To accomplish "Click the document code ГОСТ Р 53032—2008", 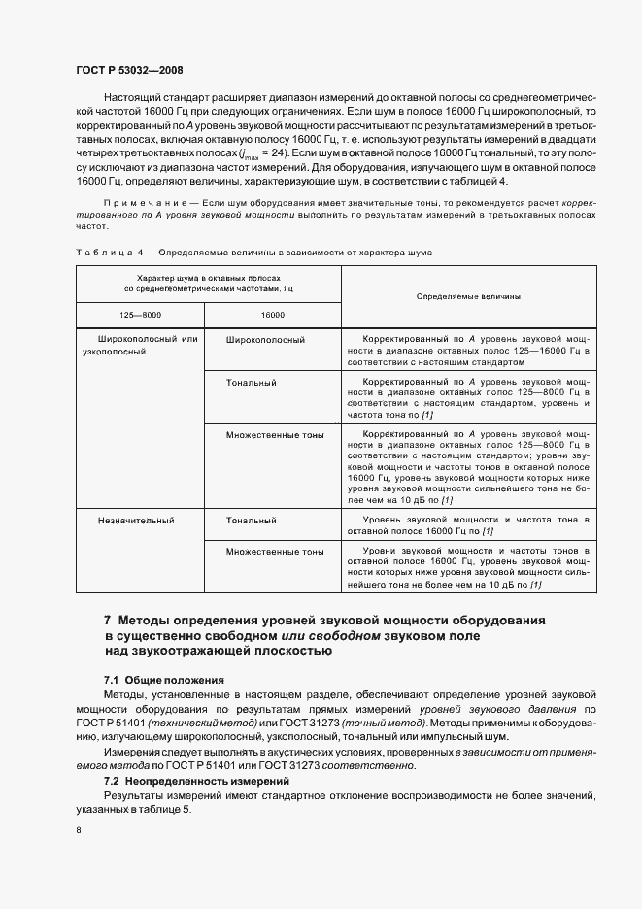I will [128, 69].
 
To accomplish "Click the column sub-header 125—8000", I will [140, 315].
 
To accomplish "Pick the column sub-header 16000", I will [272, 315].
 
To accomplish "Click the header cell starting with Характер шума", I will [209, 283].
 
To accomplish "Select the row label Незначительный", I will [136, 521].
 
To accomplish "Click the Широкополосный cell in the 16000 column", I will [266, 340].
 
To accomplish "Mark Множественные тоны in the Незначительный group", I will [275, 551].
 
